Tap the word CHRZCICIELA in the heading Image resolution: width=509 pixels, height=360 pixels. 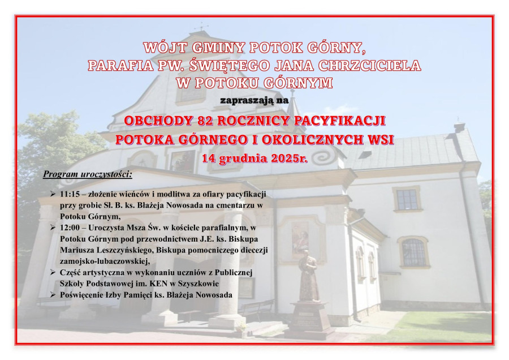pyautogui.click(x=370, y=65)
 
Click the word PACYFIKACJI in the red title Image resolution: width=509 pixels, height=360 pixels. pyautogui.click(x=339, y=121)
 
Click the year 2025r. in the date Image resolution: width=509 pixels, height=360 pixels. pyautogui.click(x=289, y=158)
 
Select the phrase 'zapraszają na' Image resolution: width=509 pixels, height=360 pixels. pyautogui.click(x=254, y=100)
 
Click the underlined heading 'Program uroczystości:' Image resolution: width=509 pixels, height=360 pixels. pyautogui.click(x=88, y=174)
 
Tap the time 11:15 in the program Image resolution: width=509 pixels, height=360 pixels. pyautogui.click(x=70, y=194)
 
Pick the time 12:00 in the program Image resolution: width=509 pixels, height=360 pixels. pyautogui.click(x=70, y=228)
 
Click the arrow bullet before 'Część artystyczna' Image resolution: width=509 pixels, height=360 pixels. pyautogui.click(x=53, y=272)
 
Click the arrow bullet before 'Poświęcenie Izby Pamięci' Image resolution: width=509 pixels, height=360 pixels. pyautogui.click(x=53, y=295)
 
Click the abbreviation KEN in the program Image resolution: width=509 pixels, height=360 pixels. pyautogui.click(x=158, y=284)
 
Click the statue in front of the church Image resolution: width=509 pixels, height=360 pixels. pyautogui.click(x=308, y=276)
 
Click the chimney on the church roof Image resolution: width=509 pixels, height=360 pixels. pyautogui.click(x=459, y=127)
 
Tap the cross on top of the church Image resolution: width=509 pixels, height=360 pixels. pyautogui.click(x=203, y=27)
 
